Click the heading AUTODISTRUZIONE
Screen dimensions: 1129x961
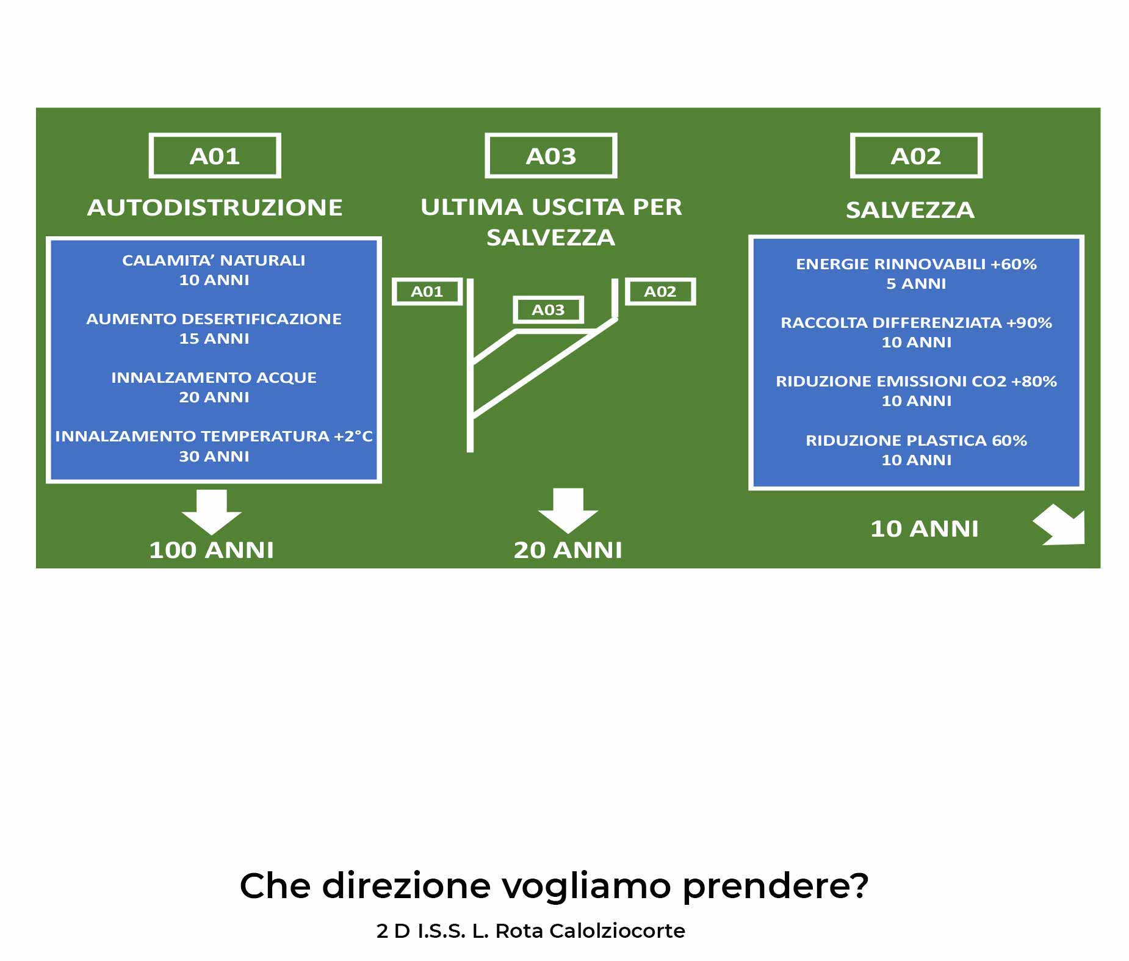(214, 208)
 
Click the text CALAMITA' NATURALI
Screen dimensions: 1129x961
(214, 261)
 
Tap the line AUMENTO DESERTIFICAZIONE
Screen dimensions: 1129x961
(214, 319)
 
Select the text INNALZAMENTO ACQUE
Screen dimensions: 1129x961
(214, 378)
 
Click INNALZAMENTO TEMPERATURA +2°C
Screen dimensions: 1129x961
(214, 437)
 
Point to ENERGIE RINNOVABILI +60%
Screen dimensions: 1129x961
(916, 264)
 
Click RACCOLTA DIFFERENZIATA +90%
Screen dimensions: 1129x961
(916, 323)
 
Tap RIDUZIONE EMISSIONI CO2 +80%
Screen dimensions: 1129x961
(916, 382)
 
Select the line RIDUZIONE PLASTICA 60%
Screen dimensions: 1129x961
(916, 441)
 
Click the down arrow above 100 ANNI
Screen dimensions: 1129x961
(212, 512)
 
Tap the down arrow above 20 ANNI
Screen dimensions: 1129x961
(568, 510)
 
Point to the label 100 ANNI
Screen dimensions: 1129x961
(212, 550)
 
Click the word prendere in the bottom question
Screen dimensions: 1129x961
(775, 887)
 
